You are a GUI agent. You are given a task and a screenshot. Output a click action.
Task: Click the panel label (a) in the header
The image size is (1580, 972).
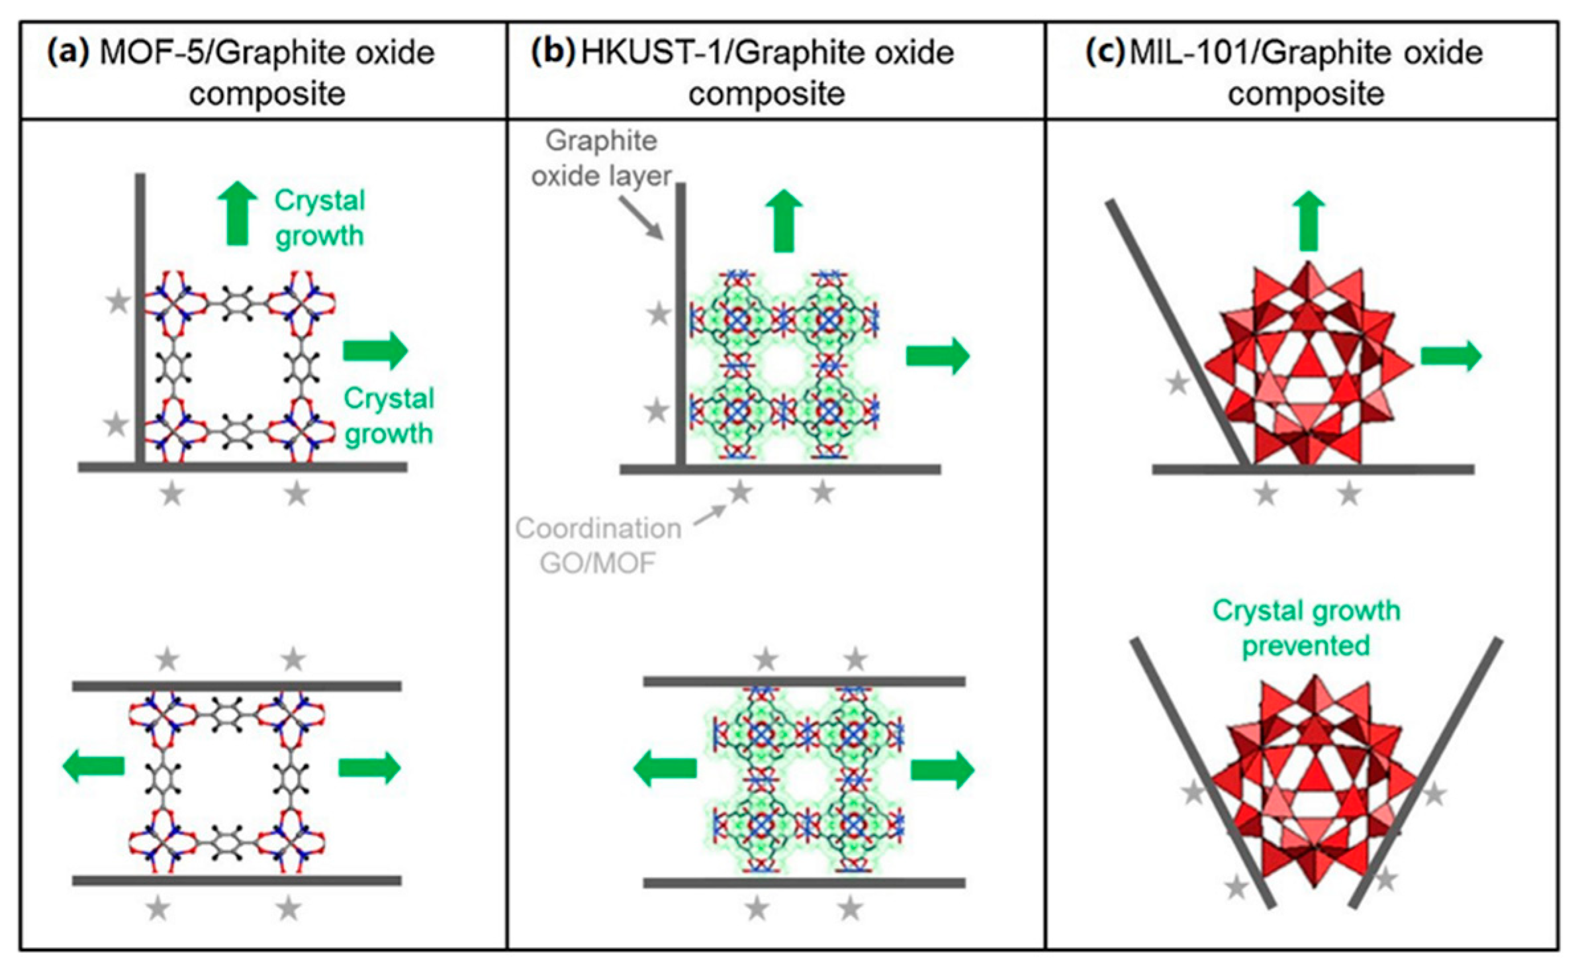tap(67, 52)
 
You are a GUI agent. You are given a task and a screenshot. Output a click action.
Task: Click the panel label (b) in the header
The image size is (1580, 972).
tap(552, 52)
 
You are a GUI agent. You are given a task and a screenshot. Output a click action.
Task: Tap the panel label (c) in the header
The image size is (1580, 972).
tap(1105, 52)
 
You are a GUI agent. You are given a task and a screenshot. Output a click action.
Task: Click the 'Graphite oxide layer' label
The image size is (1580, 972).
tap(601, 158)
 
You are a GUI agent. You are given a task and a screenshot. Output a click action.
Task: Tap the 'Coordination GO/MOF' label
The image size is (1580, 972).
tap(598, 546)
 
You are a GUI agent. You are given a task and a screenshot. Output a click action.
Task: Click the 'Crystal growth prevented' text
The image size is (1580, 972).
tap(1306, 628)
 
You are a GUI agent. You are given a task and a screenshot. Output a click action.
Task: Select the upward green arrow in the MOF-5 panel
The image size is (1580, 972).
tap(238, 214)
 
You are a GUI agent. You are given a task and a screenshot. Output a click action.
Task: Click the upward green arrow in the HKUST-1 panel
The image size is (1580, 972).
tap(784, 220)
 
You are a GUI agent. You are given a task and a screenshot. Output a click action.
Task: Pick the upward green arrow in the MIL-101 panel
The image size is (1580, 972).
tap(1308, 221)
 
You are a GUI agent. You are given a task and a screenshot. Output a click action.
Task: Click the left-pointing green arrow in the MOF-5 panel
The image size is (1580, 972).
tap(93, 766)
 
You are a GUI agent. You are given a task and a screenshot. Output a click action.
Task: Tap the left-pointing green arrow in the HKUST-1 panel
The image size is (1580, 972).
tap(665, 768)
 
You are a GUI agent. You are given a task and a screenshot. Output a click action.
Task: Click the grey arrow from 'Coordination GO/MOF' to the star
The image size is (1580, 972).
tap(710, 516)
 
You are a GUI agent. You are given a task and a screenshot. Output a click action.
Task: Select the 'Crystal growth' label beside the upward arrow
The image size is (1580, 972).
tap(319, 218)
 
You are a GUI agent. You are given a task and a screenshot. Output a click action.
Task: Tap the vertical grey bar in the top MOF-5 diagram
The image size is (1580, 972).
tap(140, 318)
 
